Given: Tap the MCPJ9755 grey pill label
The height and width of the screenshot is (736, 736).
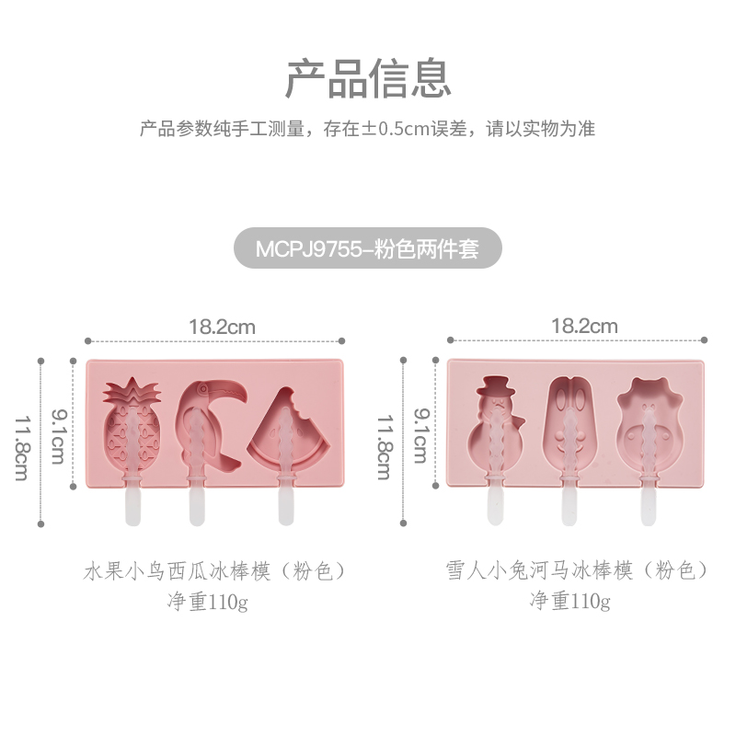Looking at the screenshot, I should click(368, 248).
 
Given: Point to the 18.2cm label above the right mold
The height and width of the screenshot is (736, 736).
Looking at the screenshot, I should click(584, 326).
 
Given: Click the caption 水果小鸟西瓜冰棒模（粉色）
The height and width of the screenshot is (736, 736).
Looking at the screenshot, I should click(215, 571).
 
